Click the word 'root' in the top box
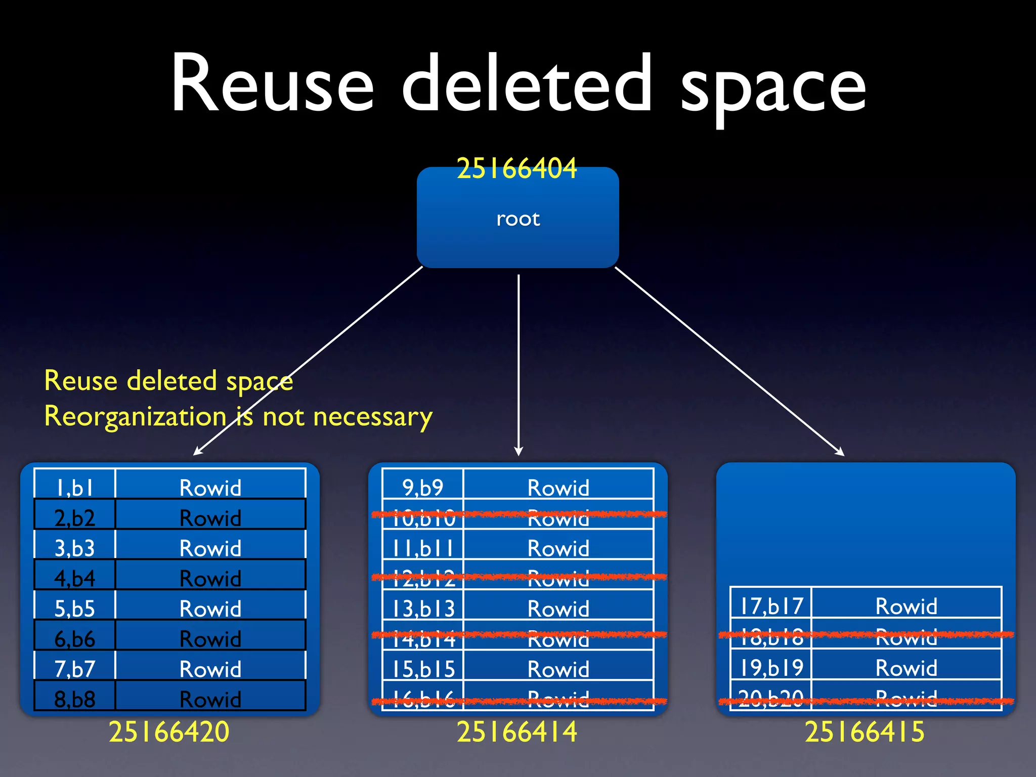(518, 219)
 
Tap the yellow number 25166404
(516, 168)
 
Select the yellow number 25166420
(169, 731)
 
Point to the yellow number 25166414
(516, 731)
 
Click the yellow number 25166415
(865, 731)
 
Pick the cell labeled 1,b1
(74, 487)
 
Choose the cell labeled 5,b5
(74, 608)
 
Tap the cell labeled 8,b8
(74, 699)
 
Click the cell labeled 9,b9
(422, 487)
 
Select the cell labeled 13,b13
(423, 608)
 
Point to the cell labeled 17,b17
(771, 606)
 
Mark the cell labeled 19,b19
(771, 667)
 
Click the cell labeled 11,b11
(423, 548)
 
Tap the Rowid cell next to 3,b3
(210, 548)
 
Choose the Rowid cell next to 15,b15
(558, 669)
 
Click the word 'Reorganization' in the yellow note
(135, 417)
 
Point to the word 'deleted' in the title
(527, 83)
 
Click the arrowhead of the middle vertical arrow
(518, 451)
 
